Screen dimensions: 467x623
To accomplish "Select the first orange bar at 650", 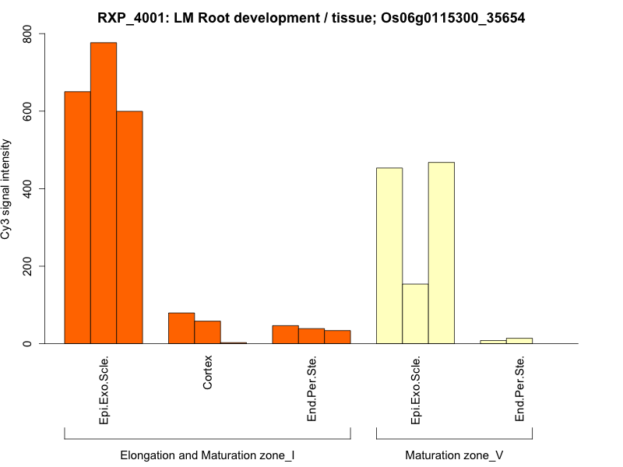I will point(77,217).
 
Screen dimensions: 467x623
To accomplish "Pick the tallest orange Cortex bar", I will point(181,328).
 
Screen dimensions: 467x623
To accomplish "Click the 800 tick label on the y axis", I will point(28,34).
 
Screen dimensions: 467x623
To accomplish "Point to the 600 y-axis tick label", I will point(28,111).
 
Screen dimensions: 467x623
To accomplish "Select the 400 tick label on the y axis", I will point(28,188).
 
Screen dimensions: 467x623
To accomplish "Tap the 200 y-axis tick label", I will point(28,266).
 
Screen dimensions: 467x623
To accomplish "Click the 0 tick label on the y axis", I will point(28,343).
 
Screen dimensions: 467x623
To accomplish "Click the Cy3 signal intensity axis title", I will point(7,188).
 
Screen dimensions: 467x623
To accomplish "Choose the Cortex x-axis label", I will point(208,373).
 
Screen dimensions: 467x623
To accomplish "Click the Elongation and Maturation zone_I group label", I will point(207,455).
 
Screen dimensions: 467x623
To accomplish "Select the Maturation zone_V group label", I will point(454,455).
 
